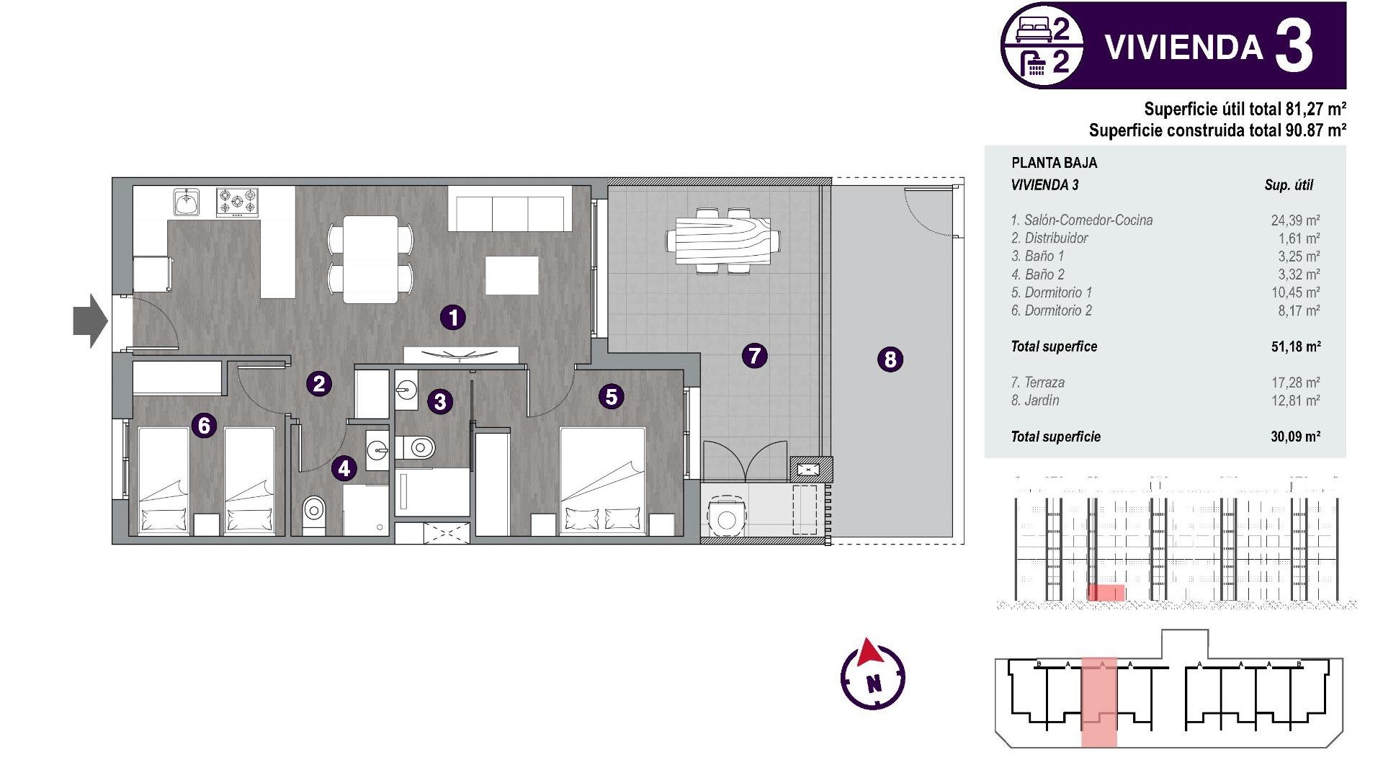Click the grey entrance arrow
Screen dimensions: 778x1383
[89, 321]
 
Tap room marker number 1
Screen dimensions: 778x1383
[453, 317]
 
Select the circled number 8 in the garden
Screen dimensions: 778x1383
[890, 359]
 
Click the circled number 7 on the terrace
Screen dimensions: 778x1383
[754, 355]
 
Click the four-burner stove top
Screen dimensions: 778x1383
[237, 202]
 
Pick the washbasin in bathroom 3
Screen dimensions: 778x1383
[406, 391]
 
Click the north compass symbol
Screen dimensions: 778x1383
[872, 674]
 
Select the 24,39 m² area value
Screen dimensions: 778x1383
[1294, 220]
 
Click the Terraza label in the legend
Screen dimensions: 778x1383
[1037, 383]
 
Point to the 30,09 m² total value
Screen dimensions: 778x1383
[1294, 437]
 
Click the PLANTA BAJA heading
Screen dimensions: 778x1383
[1054, 163]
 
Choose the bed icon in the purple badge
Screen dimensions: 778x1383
[1033, 30]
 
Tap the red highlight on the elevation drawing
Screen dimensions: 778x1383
[1106, 593]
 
